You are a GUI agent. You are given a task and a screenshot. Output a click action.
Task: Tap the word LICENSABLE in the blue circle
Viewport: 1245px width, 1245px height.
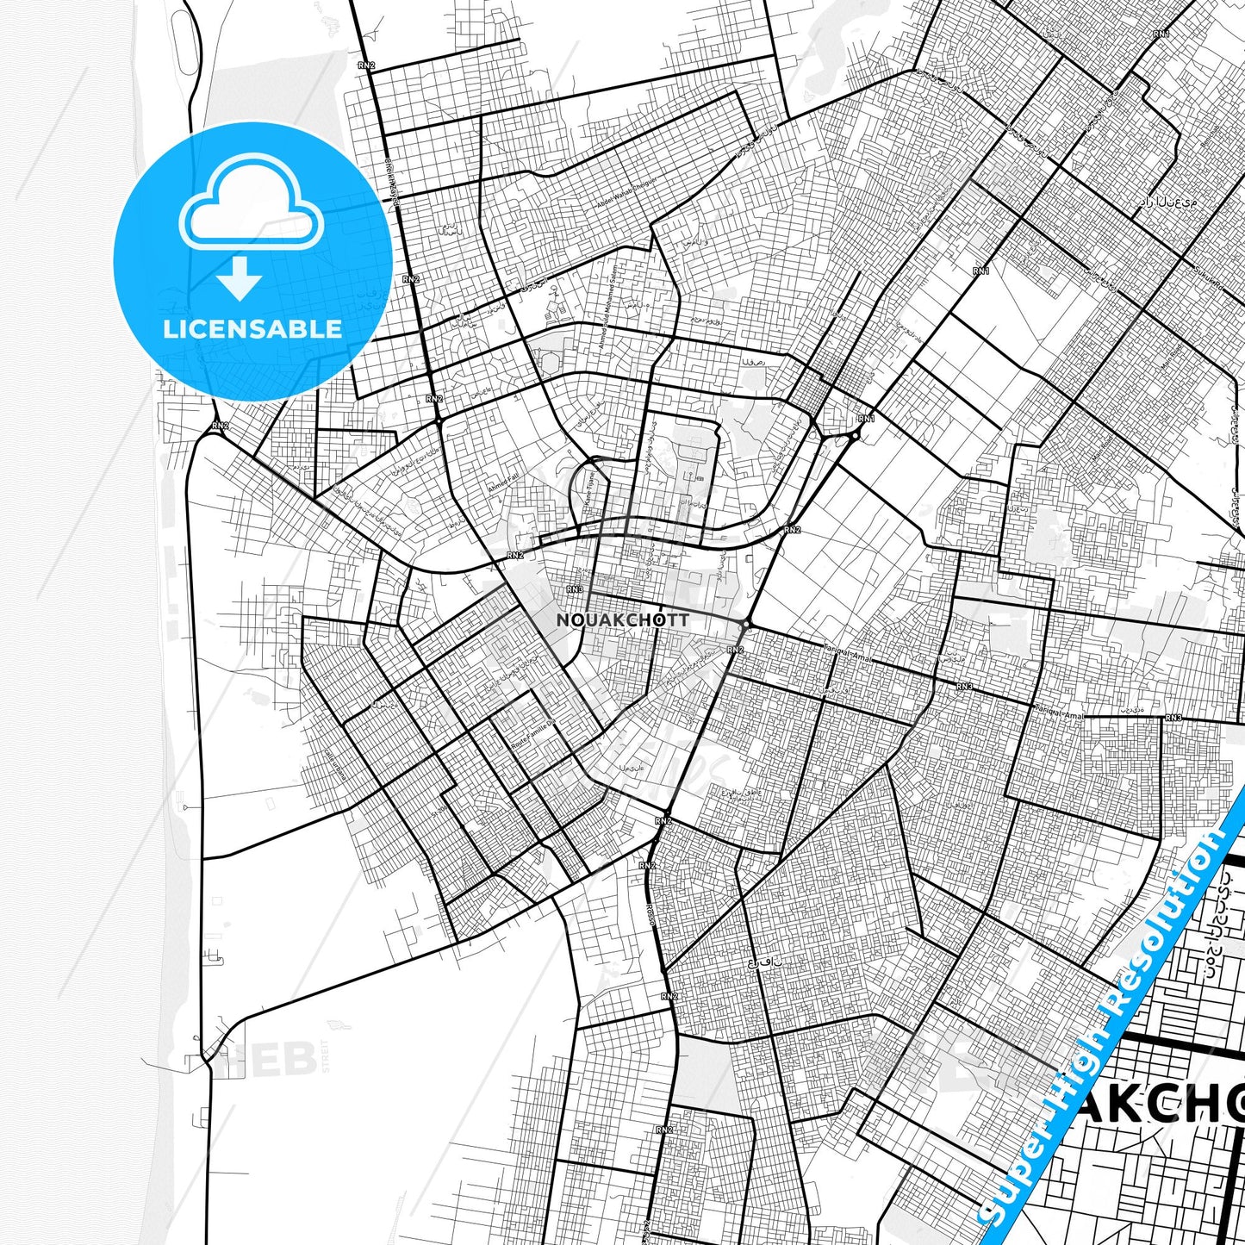(252, 329)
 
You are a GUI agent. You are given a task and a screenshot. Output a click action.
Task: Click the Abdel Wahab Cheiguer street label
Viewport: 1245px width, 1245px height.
(626, 196)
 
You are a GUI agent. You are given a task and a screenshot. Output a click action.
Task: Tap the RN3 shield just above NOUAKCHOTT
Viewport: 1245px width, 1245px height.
(575, 590)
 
